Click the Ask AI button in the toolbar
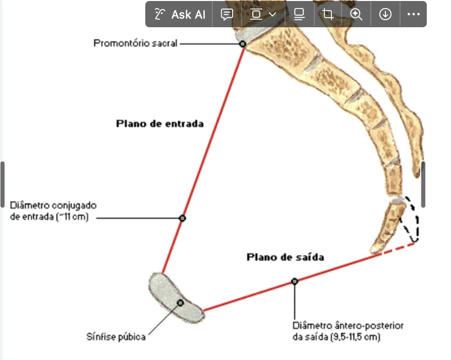(x=180, y=14)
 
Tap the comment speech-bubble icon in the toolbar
(x=227, y=14)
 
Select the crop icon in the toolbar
(x=328, y=14)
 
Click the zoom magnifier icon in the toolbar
(x=357, y=14)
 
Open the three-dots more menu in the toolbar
(x=413, y=14)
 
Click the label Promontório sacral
(x=135, y=43)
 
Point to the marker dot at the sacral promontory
(x=242, y=44)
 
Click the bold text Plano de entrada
(x=160, y=124)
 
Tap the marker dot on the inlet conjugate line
(x=183, y=218)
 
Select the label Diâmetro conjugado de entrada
(x=53, y=212)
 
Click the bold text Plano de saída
(x=285, y=257)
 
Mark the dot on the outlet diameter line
(x=295, y=281)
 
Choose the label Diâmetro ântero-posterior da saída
(x=348, y=331)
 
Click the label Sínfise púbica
(x=116, y=336)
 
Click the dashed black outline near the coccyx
(x=415, y=222)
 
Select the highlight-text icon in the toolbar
(x=299, y=14)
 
